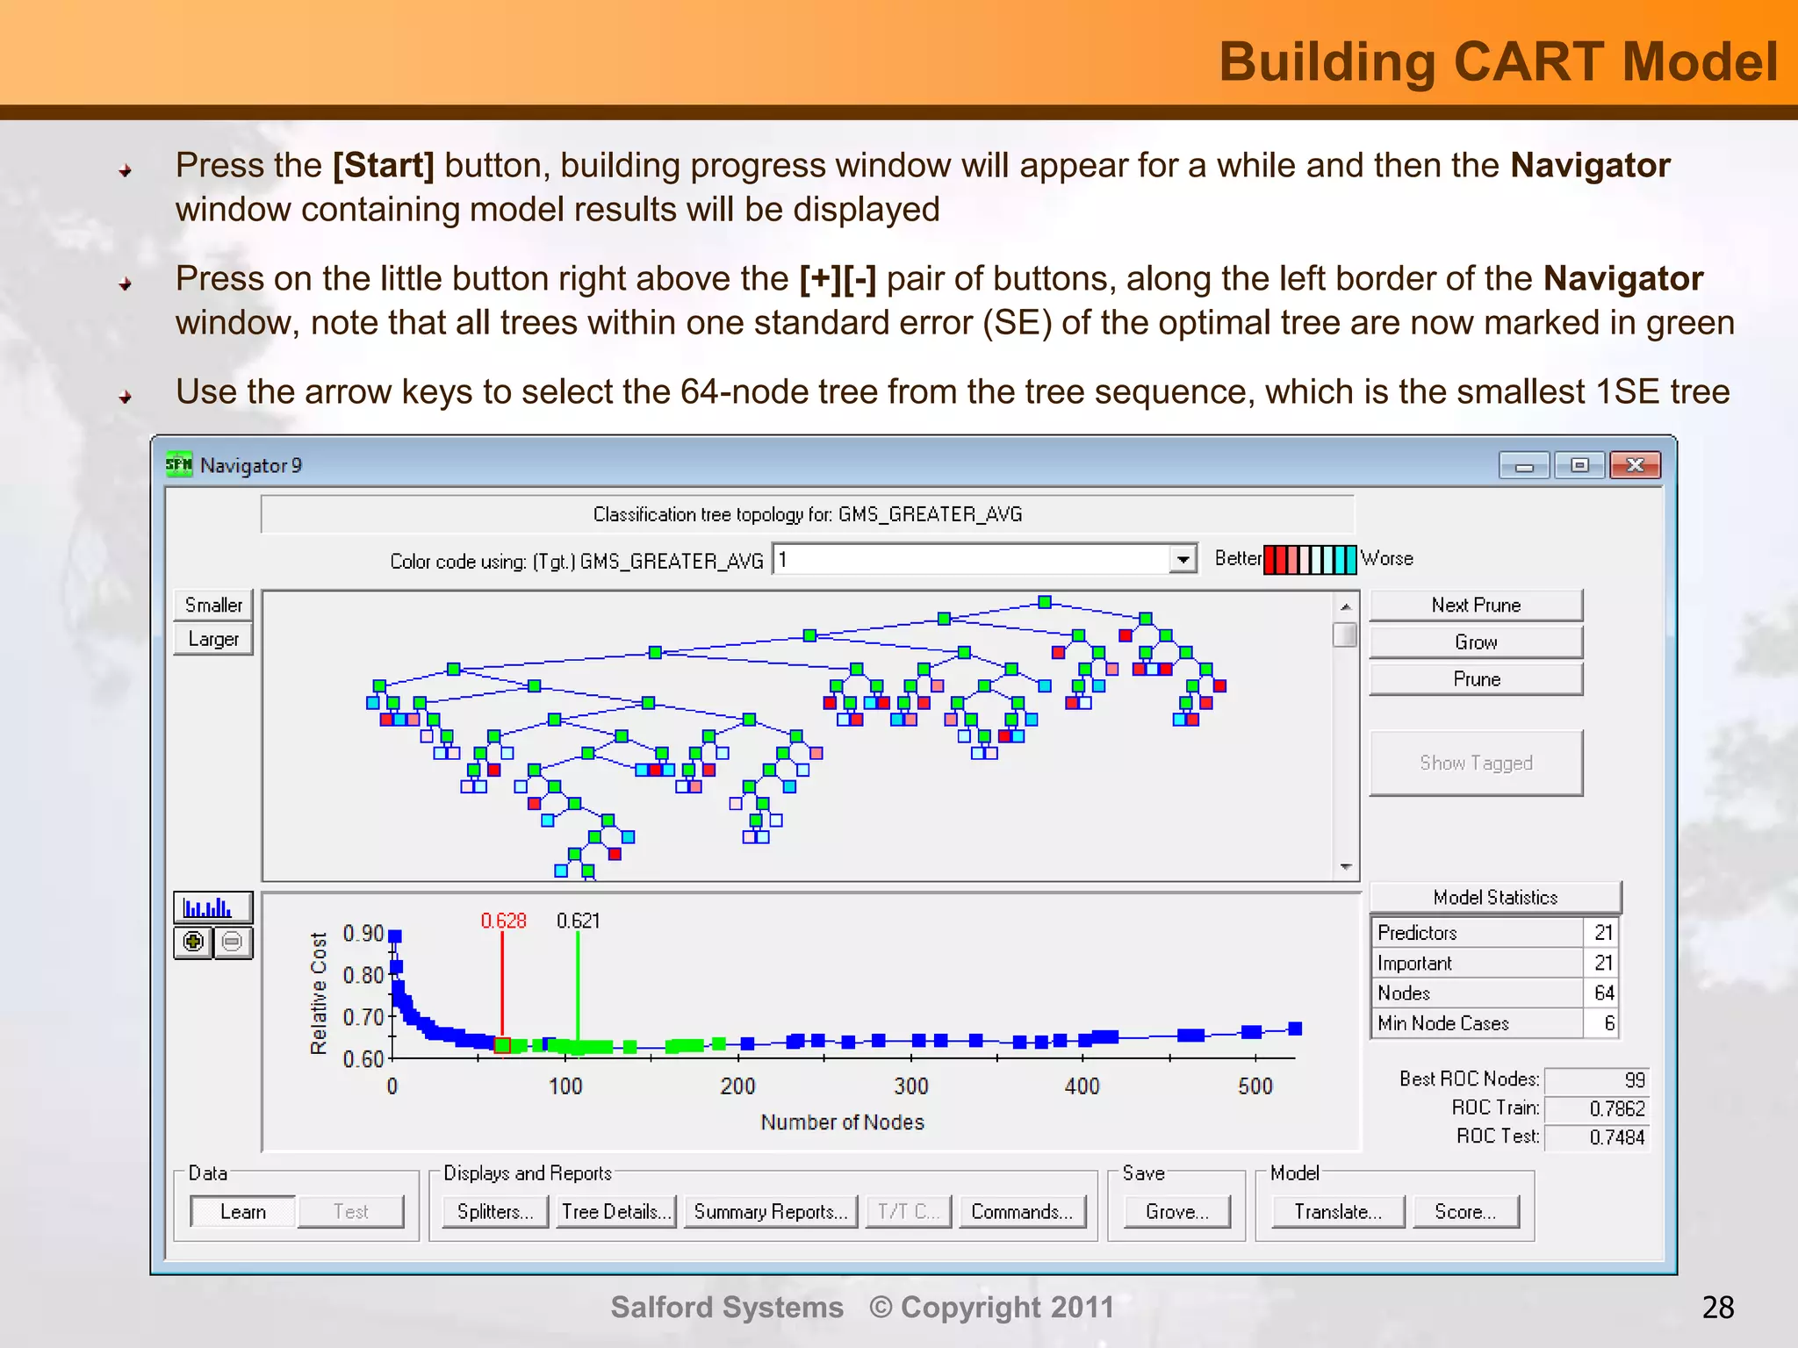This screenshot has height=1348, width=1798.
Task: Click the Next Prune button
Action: pos(1476,606)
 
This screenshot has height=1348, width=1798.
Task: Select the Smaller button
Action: pos(213,606)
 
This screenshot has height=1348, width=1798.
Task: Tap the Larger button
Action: pos(213,639)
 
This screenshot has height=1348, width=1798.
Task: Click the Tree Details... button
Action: pos(616,1212)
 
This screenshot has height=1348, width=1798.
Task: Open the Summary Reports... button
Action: pos(770,1212)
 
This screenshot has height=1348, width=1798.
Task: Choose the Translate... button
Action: pos(1337,1212)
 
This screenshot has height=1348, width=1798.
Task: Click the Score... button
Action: pos(1464,1212)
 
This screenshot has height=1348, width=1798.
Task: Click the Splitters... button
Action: pos(495,1212)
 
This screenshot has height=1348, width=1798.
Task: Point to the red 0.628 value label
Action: pos(503,921)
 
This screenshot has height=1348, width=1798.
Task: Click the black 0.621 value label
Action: pos(578,921)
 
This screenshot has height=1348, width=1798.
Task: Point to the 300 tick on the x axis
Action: pos(910,1086)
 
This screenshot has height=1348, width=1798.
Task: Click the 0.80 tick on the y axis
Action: pos(363,975)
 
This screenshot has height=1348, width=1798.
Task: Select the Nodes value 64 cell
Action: pos(1603,993)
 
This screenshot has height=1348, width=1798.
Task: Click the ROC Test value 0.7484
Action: pos(1615,1137)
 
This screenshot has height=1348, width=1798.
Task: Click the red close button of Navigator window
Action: pos(1634,465)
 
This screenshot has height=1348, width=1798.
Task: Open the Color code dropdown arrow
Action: pos(1183,559)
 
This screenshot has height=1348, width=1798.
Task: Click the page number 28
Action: pos(1717,1308)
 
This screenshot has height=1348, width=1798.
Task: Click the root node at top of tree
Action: pos(1045,602)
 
